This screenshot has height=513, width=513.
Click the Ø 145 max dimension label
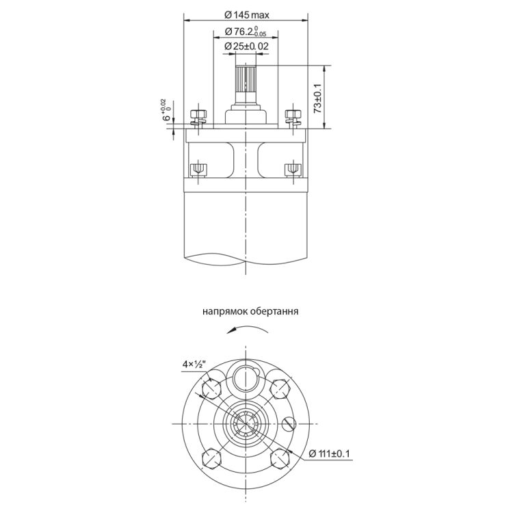coord(247,15)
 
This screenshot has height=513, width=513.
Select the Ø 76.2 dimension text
coord(246,31)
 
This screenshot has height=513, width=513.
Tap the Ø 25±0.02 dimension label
coord(246,46)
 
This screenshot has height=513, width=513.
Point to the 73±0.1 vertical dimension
coord(317,98)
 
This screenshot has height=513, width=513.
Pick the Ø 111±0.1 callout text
coord(329,453)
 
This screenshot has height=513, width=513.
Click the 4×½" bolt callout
coord(194,364)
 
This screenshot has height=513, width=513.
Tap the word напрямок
coord(224,311)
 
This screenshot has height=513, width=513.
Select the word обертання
coord(274,311)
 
